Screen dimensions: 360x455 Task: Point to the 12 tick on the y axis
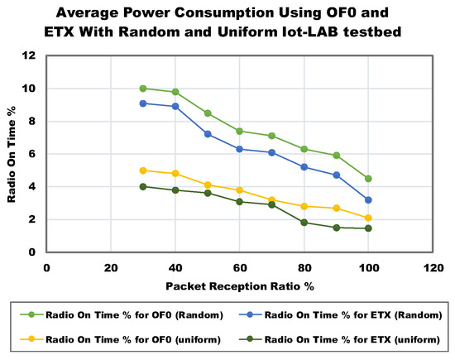point(31,55)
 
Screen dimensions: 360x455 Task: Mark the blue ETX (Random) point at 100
point(368,200)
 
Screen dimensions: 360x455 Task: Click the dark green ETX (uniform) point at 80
point(304,223)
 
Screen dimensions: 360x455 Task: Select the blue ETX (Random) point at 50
point(208,134)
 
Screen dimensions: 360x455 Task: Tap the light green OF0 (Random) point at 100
point(368,179)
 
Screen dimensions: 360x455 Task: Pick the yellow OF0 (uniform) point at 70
point(271,200)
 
